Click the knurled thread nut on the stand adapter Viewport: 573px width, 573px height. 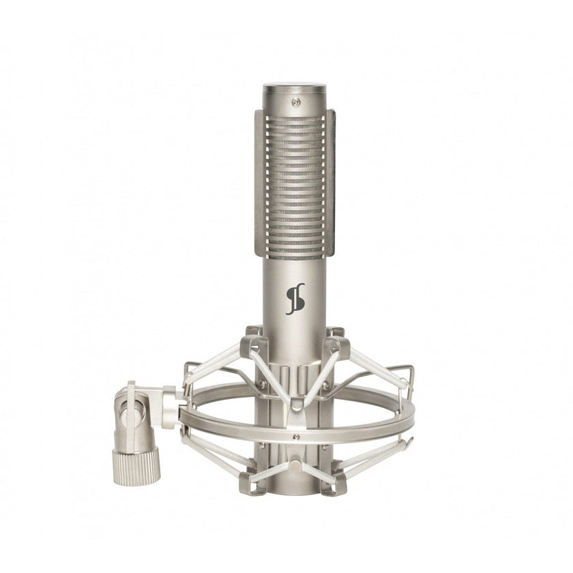pyautogui.click(x=136, y=467)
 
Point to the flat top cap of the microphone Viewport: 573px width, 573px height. pyautogui.click(x=295, y=88)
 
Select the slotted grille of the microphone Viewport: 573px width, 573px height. pyautogui.click(x=295, y=184)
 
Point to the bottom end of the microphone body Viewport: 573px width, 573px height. pyautogui.click(x=295, y=488)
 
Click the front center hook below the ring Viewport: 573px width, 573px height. pyautogui.click(x=294, y=466)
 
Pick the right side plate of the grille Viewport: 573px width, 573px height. pyautogui.click(x=331, y=184)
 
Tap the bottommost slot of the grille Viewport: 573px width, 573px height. pyautogui.click(x=295, y=252)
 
